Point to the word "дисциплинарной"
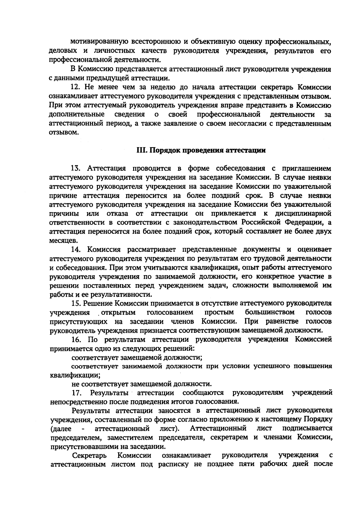tap(303, 214)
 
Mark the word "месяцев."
tap(60, 241)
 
